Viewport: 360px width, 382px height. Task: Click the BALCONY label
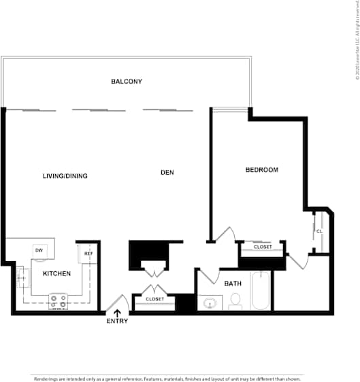127,82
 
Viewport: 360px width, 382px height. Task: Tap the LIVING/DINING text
65,176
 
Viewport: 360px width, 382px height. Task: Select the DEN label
167,173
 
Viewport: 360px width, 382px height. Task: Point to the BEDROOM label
262,170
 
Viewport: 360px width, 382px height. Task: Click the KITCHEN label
57,274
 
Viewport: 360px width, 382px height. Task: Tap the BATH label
233,283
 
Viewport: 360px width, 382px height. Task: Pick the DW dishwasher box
39,250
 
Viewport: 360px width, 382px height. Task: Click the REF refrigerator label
88,254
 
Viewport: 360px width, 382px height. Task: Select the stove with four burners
58,301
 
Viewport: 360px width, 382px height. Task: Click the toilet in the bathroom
235,300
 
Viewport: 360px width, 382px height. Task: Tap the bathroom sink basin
210,302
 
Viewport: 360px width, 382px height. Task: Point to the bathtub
260,291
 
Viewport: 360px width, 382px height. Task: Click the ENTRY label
117,321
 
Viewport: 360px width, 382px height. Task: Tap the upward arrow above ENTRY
117,312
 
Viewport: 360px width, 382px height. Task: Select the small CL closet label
319,231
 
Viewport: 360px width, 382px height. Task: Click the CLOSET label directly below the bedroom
263,247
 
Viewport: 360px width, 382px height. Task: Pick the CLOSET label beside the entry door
154,299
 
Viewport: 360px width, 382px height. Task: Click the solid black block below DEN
148,255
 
